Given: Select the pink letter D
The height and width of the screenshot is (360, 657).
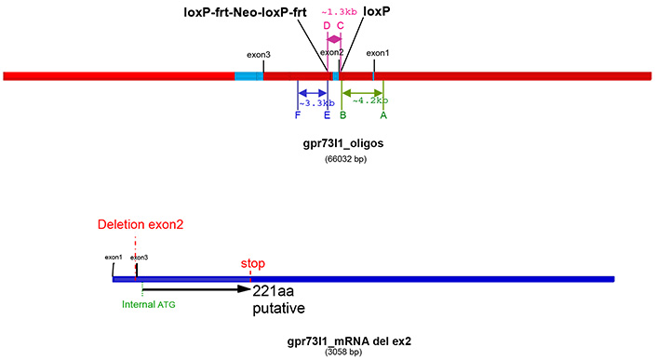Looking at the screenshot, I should pos(327,26).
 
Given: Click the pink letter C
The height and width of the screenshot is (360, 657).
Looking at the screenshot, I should pos(341,26).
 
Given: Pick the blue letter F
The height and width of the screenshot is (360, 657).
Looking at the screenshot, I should pos(297,115).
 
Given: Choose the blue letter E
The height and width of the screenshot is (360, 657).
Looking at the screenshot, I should pos(327,115).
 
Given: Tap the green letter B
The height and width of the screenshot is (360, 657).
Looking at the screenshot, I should pos(342,115).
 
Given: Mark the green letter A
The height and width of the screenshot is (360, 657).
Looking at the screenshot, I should pos(382,115).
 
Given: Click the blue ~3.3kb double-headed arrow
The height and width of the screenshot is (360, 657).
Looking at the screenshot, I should pos(312,92).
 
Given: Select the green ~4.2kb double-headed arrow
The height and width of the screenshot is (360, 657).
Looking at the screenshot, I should pos(363,92).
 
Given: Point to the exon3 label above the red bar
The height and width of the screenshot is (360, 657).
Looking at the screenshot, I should pos(259,55).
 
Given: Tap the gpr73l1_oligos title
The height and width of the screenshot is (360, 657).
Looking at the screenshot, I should pos(336,145).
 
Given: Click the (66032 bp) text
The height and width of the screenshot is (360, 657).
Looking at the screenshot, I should pos(336,159).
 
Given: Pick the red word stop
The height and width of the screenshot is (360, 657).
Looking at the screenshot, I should pos(253,263).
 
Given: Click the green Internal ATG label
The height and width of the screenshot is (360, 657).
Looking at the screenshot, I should pos(147,302).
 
